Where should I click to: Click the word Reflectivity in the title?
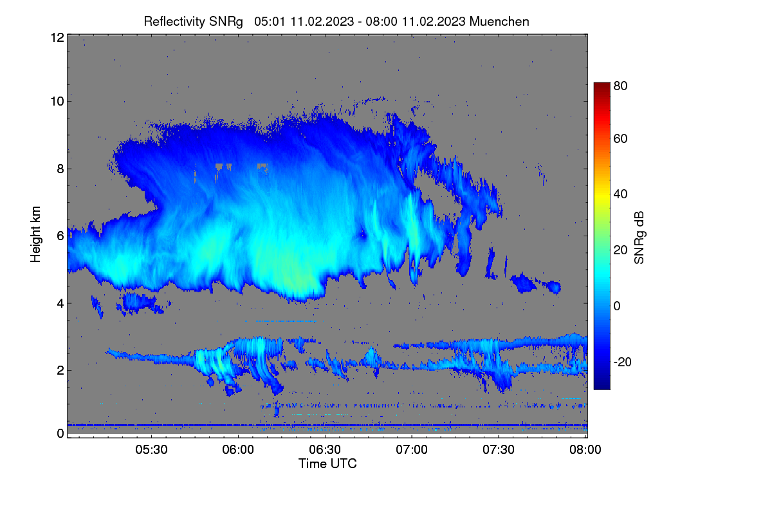click(174, 22)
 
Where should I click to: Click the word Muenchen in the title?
click(499, 22)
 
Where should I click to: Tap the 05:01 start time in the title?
click(270, 22)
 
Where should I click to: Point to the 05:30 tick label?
click(151, 450)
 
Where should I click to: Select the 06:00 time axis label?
click(238, 450)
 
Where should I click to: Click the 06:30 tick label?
click(325, 450)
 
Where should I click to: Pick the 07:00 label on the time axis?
click(412, 450)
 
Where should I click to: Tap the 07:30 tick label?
click(499, 450)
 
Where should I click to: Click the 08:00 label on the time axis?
click(585, 450)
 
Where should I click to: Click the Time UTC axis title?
click(327, 464)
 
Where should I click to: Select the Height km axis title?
click(35, 234)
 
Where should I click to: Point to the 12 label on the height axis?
click(57, 37)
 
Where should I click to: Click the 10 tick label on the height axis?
click(57, 102)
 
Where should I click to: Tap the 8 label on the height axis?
click(60, 169)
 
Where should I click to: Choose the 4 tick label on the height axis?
click(60, 304)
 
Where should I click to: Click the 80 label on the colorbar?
click(620, 86)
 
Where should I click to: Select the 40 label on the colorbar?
click(620, 194)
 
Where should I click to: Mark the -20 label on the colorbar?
click(623, 362)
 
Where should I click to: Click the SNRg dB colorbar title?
click(639, 238)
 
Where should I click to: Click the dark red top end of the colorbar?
click(602, 84)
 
